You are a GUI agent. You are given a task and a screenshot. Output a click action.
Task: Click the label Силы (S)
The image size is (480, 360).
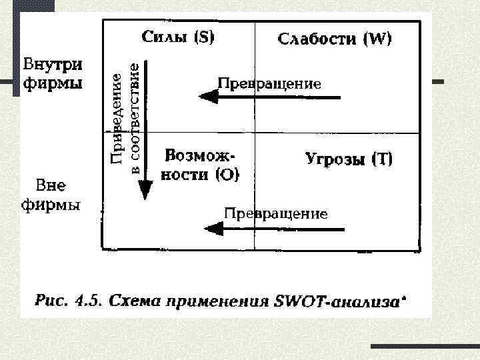(x=177, y=38)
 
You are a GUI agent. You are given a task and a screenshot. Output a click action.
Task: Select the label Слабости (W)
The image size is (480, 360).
(x=335, y=39)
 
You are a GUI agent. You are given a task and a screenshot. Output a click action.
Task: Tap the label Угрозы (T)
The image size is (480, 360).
(x=349, y=159)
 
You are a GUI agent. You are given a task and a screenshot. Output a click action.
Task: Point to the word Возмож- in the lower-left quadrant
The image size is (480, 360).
(x=200, y=156)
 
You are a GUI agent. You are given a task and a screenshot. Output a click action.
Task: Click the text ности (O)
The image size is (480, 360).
(x=200, y=175)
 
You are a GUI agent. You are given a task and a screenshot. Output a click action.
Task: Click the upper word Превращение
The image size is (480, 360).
(x=269, y=83)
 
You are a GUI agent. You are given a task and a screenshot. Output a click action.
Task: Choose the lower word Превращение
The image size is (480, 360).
(x=275, y=213)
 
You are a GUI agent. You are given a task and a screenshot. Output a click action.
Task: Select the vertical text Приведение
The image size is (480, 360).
(x=117, y=118)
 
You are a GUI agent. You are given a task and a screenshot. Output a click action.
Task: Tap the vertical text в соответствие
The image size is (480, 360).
(x=134, y=118)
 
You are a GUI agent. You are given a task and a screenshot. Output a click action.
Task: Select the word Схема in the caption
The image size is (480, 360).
(x=133, y=301)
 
